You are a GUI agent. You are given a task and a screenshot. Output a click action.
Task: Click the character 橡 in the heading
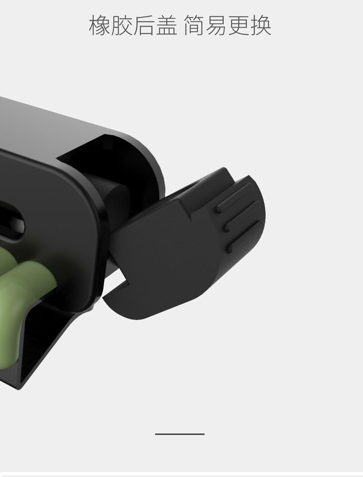100,26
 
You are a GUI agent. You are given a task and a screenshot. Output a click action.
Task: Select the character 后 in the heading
144,26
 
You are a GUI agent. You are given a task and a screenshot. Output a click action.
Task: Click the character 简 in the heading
194,26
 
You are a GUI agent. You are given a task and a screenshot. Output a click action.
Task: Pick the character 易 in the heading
217,26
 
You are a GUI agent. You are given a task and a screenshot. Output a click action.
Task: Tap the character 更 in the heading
239,26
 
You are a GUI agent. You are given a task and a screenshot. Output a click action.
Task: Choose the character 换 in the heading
261,26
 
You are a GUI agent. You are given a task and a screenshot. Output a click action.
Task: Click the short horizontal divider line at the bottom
180,434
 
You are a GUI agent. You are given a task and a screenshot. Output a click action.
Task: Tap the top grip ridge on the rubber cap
234,198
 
